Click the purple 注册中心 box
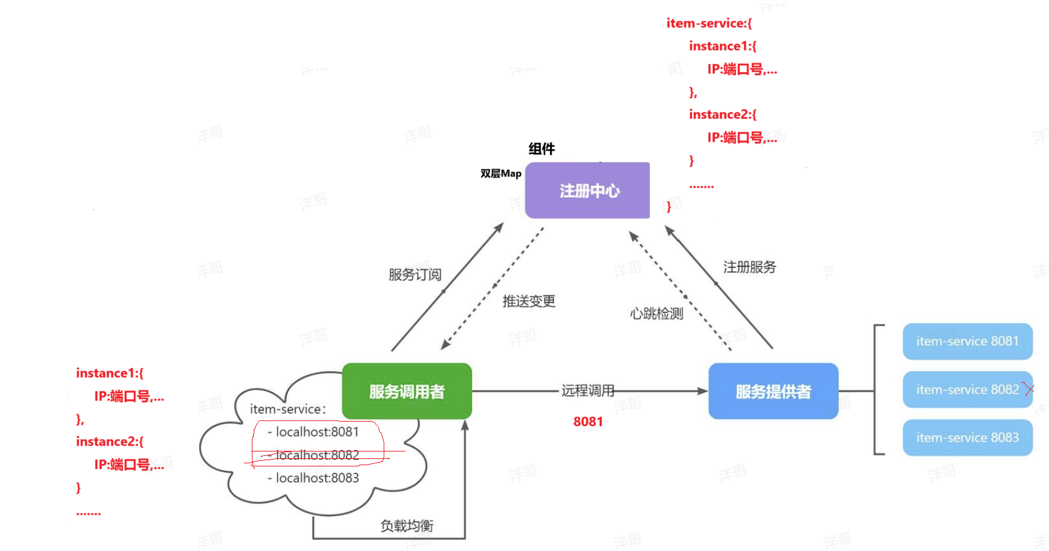pyautogui.click(x=587, y=190)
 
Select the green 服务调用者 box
pyautogui.click(x=407, y=391)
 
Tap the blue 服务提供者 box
pyautogui.click(x=773, y=391)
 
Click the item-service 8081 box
pyautogui.click(x=968, y=341)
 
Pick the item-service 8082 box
pyautogui.click(x=968, y=389)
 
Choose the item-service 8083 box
pyautogui.click(x=968, y=438)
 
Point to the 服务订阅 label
pyautogui.click(x=415, y=274)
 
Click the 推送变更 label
pyautogui.click(x=529, y=301)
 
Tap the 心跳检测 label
pyautogui.click(x=657, y=313)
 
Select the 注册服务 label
pyautogui.click(x=750, y=267)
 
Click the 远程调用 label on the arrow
pyautogui.click(x=588, y=391)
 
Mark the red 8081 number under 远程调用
pyautogui.click(x=588, y=422)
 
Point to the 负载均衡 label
pyautogui.click(x=407, y=526)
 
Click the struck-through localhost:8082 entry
pyautogui.click(x=313, y=455)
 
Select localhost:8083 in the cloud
pyautogui.click(x=313, y=478)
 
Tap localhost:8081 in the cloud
pyautogui.click(x=313, y=432)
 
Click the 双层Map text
pyautogui.click(x=501, y=174)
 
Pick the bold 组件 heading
pyautogui.click(x=542, y=149)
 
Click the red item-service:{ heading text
pyautogui.click(x=709, y=24)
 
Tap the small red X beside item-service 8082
pyautogui.click(x=1029, y=389)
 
